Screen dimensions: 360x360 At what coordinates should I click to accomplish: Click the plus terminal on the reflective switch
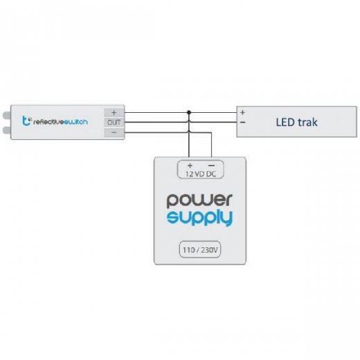114,112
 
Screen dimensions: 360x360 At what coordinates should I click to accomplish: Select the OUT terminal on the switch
114,123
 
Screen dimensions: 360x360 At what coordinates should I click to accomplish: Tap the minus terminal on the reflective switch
114,132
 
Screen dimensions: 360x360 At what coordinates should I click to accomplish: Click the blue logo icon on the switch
26,121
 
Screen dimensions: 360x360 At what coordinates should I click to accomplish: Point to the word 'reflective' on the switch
48,122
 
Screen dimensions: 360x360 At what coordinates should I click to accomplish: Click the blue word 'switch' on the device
75,122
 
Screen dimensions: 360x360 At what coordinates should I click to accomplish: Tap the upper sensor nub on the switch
7,115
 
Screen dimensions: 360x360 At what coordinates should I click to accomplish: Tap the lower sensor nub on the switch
7,130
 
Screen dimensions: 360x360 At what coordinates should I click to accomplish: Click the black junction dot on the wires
189,112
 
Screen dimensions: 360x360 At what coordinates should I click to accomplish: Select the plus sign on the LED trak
242,112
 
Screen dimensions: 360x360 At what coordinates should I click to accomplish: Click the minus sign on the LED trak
242,123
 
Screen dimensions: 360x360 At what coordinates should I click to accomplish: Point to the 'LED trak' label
296,122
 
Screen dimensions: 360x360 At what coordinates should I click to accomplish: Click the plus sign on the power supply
190,165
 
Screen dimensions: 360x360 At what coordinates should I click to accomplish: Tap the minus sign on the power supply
211,165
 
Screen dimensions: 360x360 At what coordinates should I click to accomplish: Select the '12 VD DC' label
201,174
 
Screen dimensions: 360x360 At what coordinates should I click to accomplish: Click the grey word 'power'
199,200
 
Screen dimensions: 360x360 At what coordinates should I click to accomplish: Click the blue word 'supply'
199,218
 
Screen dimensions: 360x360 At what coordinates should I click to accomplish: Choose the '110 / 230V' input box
200,249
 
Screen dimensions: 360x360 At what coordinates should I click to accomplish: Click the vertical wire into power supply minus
211,145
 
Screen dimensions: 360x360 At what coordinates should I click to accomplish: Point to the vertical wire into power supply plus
189,135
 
